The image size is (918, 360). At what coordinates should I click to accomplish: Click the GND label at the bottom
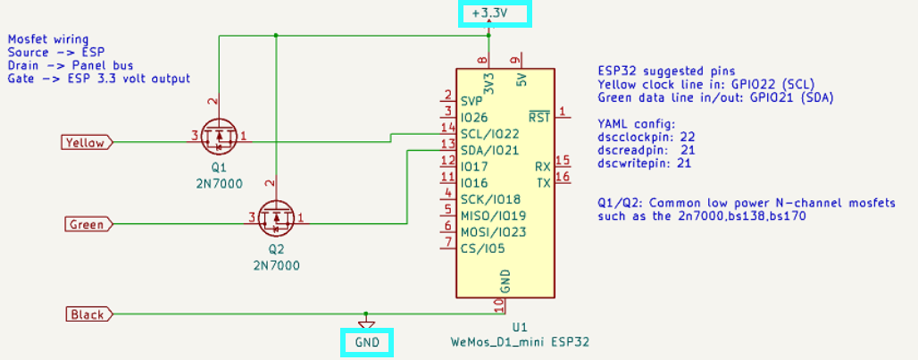pyautogui.click(x=367, y=342)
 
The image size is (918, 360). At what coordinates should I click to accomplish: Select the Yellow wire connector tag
pyautogui.click(x=86, y=142)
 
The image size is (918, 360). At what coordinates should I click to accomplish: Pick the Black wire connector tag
pyautogui.click(x=88, y=314)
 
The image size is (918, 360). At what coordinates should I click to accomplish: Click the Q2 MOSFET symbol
pyautogui.click(x=276, y=217)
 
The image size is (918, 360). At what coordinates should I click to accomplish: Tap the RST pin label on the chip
pyautogui.click(x=538, y=117)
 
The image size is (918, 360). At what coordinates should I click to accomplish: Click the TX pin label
pyautogui.click(x=543, y=183)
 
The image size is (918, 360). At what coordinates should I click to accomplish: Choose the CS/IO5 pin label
pyautogui.click(x=482, y=248)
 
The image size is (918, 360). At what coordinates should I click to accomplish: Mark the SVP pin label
pyautogui.click(x=472, y=101)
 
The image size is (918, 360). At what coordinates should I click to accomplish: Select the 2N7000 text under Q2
pyautogui.click(x=276, y=265)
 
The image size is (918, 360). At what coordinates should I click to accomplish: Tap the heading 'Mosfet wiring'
pyautogui.click(x=48, y=39)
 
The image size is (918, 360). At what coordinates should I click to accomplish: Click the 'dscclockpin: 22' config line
pyautogui.click(x=647, y=138)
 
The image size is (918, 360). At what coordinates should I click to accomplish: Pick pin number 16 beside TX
pyautogui.click(x=563, y=177)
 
